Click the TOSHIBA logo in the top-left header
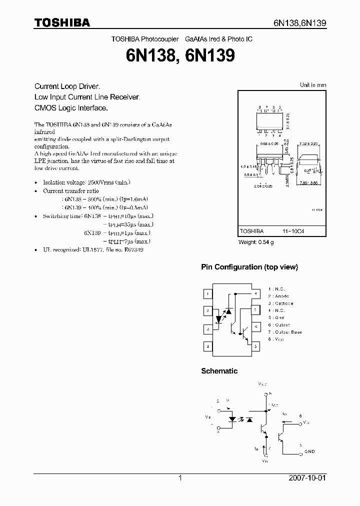coord(62,23)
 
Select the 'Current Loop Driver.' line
coord(67,86)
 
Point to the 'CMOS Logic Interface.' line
coord(71,107)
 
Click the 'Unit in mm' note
coord(312,85)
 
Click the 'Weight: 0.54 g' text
coord(256,242)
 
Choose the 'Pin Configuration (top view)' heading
coord(249,267)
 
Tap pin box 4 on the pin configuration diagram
coord(207,346)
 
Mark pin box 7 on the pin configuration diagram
coord(255,310)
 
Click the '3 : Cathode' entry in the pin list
coord(280,303)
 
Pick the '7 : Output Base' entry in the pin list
coord(285,332)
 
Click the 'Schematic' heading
coord(219,371)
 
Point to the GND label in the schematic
coord(309,451)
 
